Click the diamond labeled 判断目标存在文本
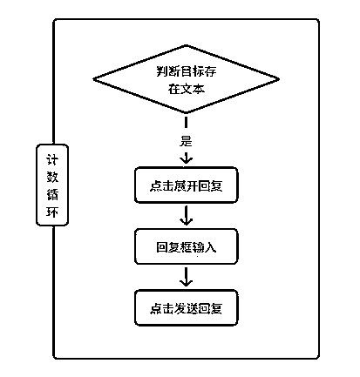point(186,79)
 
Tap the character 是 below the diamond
point(186,141)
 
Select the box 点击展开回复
point(187,185)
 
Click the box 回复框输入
point(187,246)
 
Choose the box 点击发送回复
point(187,307)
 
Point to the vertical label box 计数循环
point(52,185)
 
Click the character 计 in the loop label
point(52,159)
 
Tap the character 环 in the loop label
point(52,212)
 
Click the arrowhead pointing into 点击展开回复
point(186,160)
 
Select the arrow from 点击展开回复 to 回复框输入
point(186,216)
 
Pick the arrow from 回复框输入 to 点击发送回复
point(186,277)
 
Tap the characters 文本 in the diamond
point(193,89)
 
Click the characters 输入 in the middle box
point(204,247)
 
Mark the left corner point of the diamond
point(93,78)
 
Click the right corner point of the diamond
point(279,79)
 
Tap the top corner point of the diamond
point(186,45)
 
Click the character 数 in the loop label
point(52,177)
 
